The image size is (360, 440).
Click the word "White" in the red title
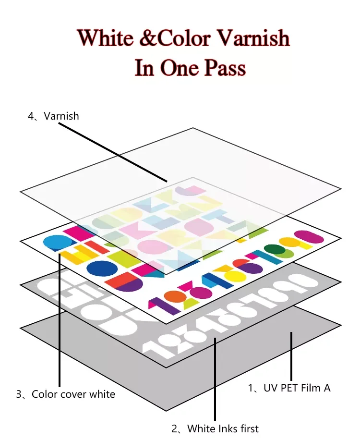point(106,38)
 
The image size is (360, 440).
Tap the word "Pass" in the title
point(225,68)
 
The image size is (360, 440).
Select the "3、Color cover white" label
point(66,394)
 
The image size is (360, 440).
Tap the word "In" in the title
point(144,68)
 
